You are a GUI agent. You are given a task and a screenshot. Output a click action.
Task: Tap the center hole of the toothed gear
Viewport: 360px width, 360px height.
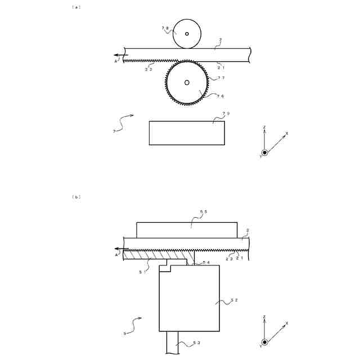click(187, 83)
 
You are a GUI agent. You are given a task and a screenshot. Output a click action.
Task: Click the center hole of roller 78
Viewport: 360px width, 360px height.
click(187, 34)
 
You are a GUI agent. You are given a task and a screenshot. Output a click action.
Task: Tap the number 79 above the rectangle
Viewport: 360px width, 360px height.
click(226, 114)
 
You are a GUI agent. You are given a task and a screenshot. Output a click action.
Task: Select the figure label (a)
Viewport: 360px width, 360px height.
click(76, 7)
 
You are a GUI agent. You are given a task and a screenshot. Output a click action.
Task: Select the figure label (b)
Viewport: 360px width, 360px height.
click(76, 197)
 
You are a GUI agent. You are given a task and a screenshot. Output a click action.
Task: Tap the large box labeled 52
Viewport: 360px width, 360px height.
click(190, 298)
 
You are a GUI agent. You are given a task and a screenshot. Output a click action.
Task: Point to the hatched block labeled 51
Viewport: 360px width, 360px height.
click(155, 255)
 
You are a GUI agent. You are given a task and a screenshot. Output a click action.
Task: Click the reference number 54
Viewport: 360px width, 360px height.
click(206, 263)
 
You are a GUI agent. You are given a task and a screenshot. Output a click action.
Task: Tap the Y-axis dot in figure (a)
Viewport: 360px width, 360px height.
click(264, 152)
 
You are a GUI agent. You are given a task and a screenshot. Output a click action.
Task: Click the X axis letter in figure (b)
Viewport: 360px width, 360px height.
click(286, 323)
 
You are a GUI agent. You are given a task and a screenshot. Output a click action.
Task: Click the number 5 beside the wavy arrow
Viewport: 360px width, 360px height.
click(124, 334)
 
